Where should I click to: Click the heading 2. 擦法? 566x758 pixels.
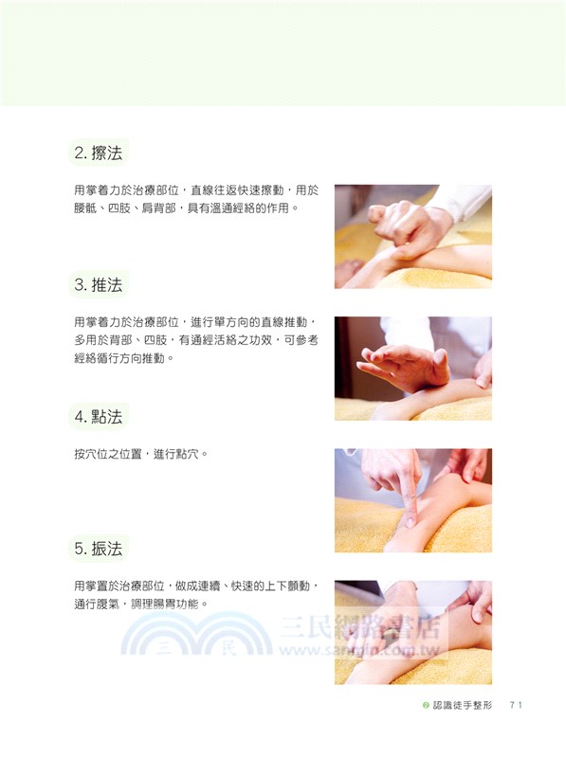(98, 153)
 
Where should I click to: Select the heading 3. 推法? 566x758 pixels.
(98, 284)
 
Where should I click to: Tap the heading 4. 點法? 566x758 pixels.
(98, 416)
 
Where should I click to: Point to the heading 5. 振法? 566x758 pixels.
(98, 548)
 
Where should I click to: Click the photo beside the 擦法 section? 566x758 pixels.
(412, 236)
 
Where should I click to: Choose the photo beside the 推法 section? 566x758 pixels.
(412, 368)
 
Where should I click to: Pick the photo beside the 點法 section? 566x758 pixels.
(412, 500)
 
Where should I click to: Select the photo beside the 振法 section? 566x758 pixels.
(412, 632)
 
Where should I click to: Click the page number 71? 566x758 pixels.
(516, 705)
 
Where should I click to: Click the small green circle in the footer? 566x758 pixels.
(426, 705)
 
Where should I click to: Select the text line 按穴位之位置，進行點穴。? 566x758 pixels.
(139, 453)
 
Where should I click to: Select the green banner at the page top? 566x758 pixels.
(283, 53)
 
